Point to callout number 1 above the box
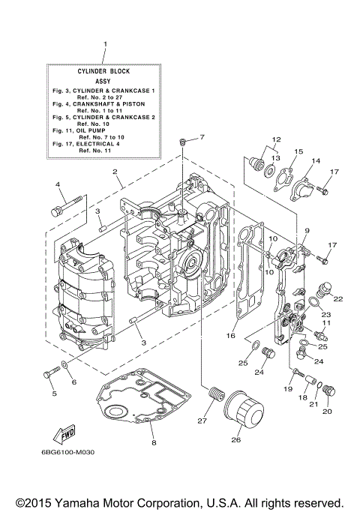point(105,44)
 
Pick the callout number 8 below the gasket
point(153,443)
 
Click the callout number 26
point(237,441)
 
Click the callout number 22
point(337,298)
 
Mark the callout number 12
point(255,139)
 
